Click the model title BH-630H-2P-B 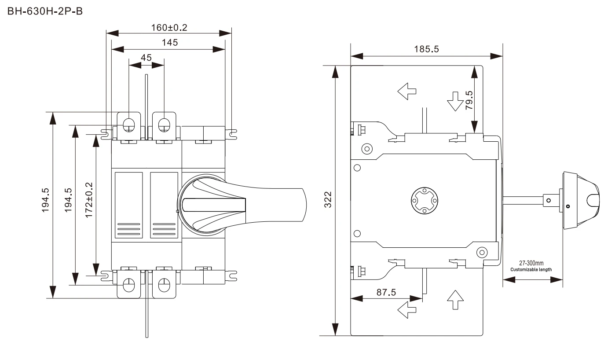(x=45, y=11)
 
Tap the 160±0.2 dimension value (x=169, y=27)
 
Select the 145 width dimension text (x=170, y=42)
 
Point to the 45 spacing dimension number (x=146, y=58)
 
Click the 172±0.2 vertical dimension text (x=89, y=200)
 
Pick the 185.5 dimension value (x=426, y=49)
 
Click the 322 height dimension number (x=328, y=200)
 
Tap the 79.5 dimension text (x=469, y=100)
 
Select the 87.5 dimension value (x=386, y=292)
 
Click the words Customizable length (x=531, y=270)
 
